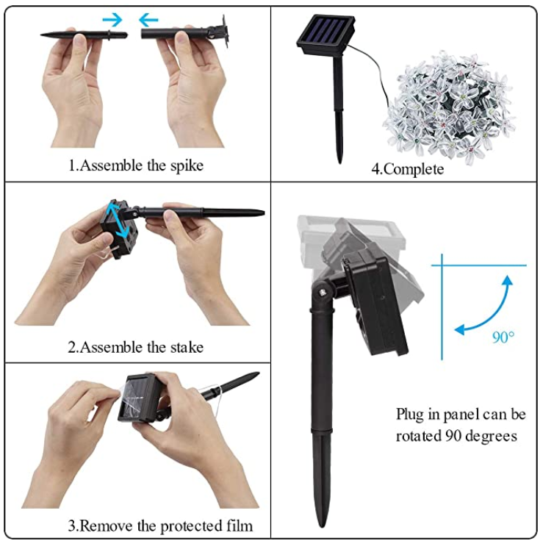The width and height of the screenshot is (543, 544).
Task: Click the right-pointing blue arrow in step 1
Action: [x=112, y=20]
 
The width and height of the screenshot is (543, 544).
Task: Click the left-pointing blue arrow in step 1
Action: [x=148, y=20]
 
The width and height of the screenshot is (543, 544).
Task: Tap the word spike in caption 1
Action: [x=187, y=166]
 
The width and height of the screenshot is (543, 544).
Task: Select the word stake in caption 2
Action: [x=187, y=347]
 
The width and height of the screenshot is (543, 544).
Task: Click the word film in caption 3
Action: [x=240, y=526]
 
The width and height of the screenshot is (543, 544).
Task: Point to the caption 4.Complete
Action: [x=407, y=169]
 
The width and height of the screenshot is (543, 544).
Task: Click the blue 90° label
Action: [x=503, y=337]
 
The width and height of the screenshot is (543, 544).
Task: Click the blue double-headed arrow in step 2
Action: [x=118, y=221]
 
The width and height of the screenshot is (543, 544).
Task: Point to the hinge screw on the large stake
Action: [x=324, y=292]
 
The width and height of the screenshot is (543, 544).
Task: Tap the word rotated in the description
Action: [x=419, y=436]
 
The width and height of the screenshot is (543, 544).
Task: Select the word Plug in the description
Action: [x=409, y=415]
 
